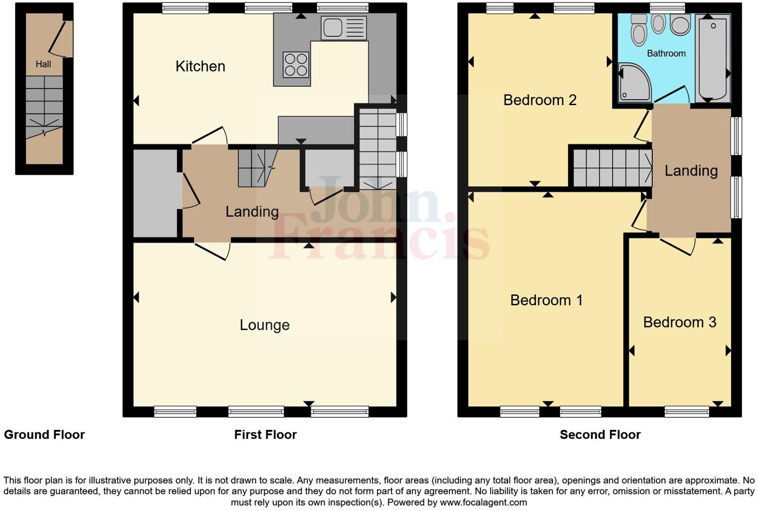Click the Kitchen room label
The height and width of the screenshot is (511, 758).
(x=200, y=66)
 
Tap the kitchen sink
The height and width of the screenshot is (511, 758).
(x=344, y=27)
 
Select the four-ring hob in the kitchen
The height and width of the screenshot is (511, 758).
(x=295, y=65)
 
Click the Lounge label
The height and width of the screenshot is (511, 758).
(x=264, y=325)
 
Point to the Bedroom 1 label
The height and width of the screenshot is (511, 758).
(x=546, y=300)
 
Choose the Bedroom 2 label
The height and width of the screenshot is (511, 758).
(x=540, y=100)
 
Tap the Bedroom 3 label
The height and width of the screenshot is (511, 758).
(x=679, y=322)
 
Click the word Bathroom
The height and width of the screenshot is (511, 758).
(x=666, y=53)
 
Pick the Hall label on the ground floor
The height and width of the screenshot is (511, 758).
(x=43, y=64)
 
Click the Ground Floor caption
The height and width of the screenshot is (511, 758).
(x=44, y=435)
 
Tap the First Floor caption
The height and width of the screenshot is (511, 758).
(x=265, y=435)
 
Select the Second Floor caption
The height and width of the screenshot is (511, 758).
(x=600, y=435)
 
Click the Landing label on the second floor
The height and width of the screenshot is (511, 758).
(x=691, y=171)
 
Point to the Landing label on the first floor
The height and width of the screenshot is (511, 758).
(x=252, y=212)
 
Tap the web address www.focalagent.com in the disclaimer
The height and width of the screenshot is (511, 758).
(x=483, y=502)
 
